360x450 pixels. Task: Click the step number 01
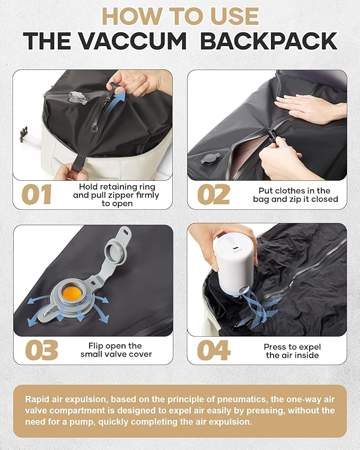click(x=37, y=195)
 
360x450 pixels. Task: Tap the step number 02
click(x=214, y=195)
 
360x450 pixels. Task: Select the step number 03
click(x=41, y=350)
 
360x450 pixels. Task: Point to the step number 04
click(x=214, y=350)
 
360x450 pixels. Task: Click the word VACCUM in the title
click(x=133, y=41)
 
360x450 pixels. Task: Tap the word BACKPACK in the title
click(x=269, y=41)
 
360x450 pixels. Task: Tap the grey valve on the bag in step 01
click(x=77, y=98)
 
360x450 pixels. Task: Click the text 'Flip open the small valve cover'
click(x=116, y=350)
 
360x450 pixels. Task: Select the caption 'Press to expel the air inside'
click(x=292, y=351)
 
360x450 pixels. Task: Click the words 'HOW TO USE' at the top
click(x=181, y=16)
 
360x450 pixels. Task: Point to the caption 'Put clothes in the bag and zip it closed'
click(x=295, y=195)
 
